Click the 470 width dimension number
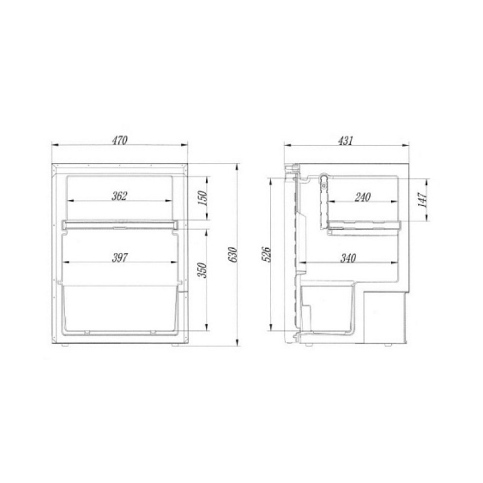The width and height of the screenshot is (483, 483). point(120,140)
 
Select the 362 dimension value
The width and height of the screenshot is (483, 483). point(119,196)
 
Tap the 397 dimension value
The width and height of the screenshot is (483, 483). point(119,258)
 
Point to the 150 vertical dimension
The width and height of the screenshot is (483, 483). point(202,199)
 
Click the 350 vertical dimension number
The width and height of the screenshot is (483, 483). point(202,270)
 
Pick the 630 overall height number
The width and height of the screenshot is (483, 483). point(232,254)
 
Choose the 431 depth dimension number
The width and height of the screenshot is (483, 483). point(345,141)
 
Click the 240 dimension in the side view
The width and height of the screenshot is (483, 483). point(363,197)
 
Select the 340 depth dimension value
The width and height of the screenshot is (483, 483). point(348,258)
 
